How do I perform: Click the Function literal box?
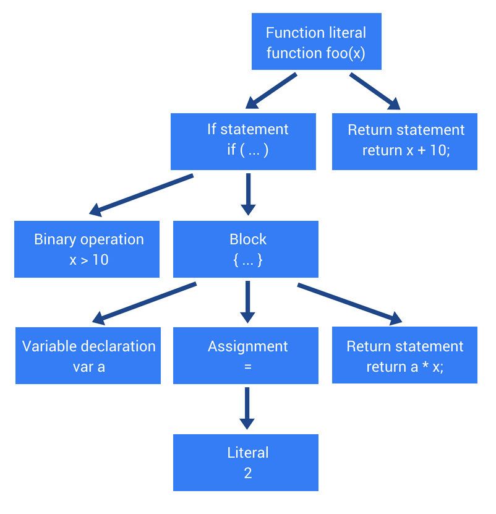(316, 42)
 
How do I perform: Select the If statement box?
(243, 141)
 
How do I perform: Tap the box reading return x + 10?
(404, 141)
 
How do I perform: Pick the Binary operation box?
(87, 249)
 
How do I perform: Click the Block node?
(246, 249)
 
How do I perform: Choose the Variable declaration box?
(88, 356)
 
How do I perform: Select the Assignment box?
(246, 356)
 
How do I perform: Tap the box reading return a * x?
(404, 356)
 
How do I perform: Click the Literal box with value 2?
(246, 462)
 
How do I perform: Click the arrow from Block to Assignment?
(247, 302)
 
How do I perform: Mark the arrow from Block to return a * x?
(349, 303)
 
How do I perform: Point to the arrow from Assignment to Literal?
(247, 408)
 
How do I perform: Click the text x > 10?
(89, 260)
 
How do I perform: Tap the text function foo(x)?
(316, 53)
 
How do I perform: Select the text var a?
(89, 367)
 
